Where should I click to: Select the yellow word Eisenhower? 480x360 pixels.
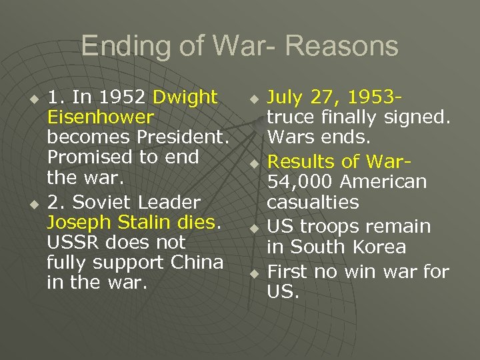pyautogui.click(x=101, y=117)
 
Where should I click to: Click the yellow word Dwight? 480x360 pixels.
pyautogui.click(x=185, y=97)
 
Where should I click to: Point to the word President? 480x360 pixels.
pyautogui.click(x=183, y=138)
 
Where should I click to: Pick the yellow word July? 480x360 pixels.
pyautogui.click(x=286, y=97)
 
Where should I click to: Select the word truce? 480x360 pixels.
pyautogui.click(x=289, y=118)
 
